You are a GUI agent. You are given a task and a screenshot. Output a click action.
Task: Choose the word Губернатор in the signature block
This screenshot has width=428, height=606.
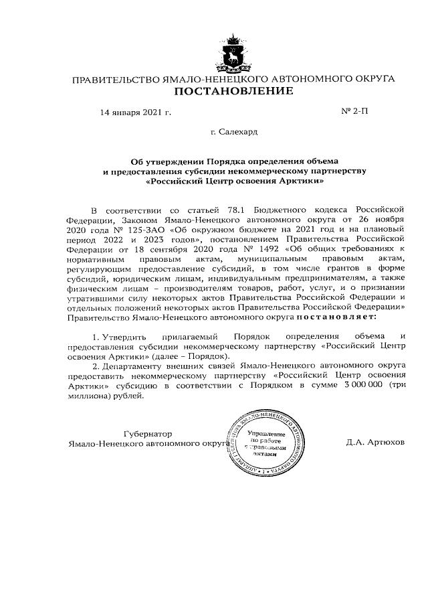pyautogui.click(x=148, y=433)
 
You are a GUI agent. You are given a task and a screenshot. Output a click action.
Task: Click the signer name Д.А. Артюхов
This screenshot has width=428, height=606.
pyautogui.click(x=375, y=443)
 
